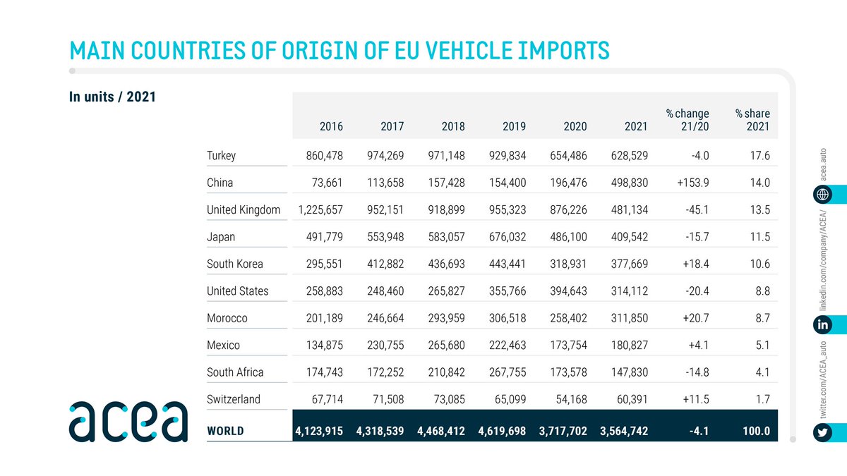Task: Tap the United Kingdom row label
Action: tap(243, 209)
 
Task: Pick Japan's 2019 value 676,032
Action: tap(503, 237)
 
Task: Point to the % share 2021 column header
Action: tap(752, 120)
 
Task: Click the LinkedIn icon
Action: tap(822, 325)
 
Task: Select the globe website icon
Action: tap(822, 194)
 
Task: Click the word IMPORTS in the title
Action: tap(551, 50)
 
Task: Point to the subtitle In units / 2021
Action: tap(112, 97)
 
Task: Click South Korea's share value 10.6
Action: tap(760, 264)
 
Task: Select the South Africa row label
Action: tap(235, 372)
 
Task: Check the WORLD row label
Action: tap(225, 431)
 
